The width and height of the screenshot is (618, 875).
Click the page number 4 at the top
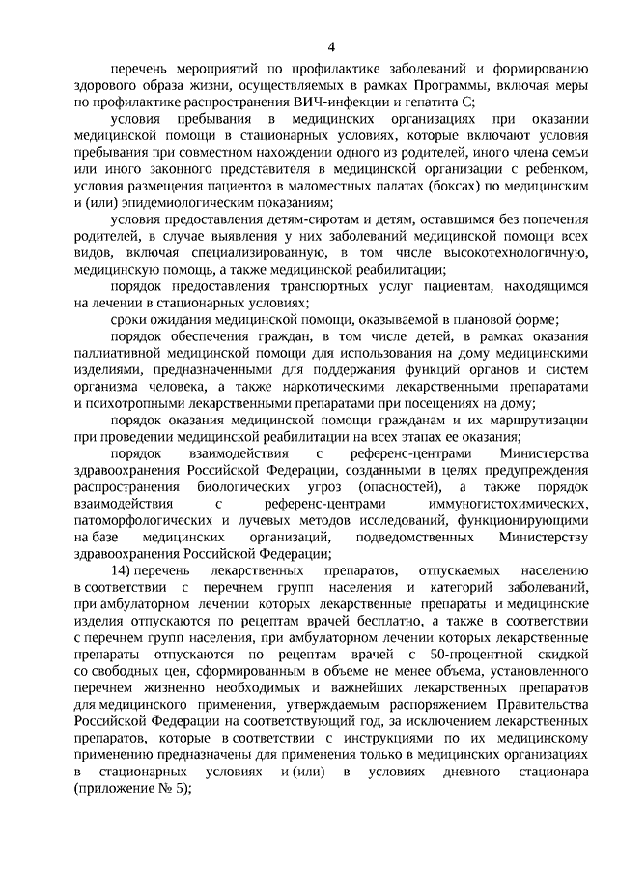click(331, 46)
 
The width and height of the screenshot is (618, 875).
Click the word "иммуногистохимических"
click(509, 505)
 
